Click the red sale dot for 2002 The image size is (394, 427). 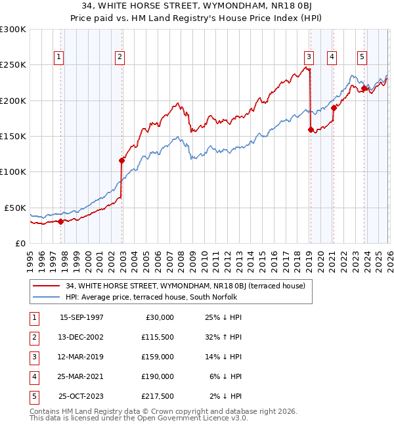tap(121, 160)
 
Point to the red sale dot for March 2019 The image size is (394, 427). tap(311, 130)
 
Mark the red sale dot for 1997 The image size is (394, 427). tap(61, 221)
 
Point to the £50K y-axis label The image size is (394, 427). tap(15, 208)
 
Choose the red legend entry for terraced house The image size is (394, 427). tap(186, 286)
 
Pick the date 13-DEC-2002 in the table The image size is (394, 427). tap(81, 337)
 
